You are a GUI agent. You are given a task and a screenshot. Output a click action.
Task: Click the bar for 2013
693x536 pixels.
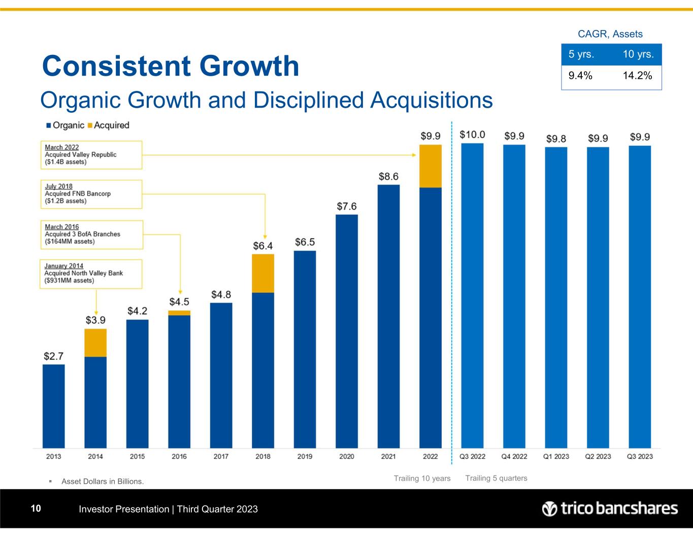pos(54,406)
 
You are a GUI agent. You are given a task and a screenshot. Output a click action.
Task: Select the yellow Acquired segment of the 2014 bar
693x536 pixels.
pos(95,343)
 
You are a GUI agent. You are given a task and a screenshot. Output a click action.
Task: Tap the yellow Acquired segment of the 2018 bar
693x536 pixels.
pos(263,273)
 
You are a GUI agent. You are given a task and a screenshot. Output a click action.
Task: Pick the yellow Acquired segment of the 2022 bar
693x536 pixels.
pos(431,166)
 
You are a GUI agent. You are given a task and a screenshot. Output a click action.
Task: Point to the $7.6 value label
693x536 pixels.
pos(347,206)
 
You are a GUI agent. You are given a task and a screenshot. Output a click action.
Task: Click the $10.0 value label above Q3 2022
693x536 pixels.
pos(472,135)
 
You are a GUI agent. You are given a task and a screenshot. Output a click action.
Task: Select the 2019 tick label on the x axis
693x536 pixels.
pos(305,456)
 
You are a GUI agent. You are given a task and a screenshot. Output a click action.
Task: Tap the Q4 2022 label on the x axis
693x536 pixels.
pos(514,456)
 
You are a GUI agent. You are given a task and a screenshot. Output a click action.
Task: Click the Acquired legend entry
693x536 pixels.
pos(109,125)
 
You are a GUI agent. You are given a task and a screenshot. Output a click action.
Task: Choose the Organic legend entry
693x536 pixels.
pos(65,125)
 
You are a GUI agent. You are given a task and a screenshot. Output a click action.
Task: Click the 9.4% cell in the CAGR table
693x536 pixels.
pos(580,76)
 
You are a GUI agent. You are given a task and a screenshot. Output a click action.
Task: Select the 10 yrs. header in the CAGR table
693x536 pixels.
pos(638,54)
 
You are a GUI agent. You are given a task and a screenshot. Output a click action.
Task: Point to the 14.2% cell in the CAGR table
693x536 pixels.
pos(637,76)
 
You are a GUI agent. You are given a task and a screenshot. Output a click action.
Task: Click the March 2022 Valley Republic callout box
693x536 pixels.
pos(91,154)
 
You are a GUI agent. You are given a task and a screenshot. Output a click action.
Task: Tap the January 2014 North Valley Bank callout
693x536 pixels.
pos(91,273)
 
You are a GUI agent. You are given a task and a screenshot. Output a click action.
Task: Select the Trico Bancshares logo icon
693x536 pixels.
pos(549,509)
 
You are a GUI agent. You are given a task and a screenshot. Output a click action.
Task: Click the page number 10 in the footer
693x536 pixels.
pos(36,509)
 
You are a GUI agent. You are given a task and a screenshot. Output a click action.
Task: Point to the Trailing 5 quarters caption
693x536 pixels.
pos(496,478)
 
